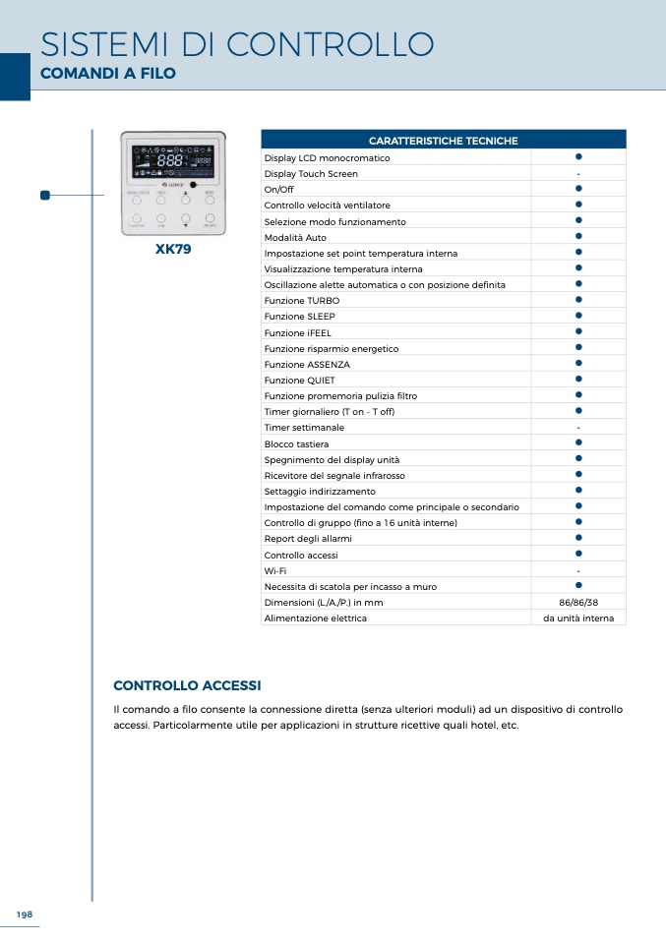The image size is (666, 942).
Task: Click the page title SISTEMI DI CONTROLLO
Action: (x=236, y=44)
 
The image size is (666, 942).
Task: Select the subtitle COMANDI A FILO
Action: (x=107, y=74)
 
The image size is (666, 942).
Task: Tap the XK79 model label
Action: (x=173, y=250)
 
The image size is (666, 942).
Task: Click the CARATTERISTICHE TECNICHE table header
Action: (x=443, y=141)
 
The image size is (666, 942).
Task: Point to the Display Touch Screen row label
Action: (x=311, y=174)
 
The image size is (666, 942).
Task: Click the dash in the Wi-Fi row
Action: (x=578, y=571)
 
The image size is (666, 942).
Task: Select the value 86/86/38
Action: (x=578, y=603)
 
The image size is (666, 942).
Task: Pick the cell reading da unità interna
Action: (x=578, y=618)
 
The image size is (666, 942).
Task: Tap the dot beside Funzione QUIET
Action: (x=579, y=379)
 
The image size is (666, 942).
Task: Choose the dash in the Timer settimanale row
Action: (x=578, y=429)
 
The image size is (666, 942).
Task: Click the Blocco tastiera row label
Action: (x=296, y=444)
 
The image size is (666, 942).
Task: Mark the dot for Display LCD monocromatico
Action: (x=579, y=156)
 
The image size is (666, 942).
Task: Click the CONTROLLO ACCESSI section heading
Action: (x=187, y=685)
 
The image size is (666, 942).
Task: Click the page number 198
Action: (x=25, y=914)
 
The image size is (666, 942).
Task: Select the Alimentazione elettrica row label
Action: (x=315, y=618)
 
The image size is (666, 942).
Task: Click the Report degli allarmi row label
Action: (x=308, y=539)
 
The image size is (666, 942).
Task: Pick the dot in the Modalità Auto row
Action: (x=579, y=236)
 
